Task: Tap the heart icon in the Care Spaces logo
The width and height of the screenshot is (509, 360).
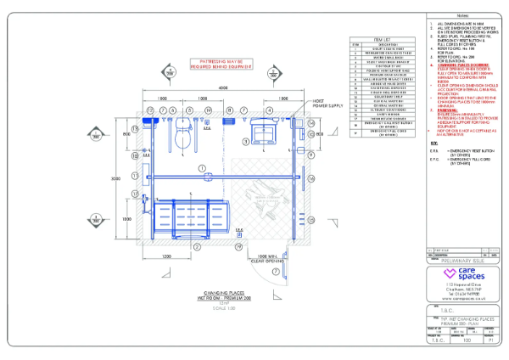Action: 438,277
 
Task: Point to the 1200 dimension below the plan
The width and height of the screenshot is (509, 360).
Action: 167,256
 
